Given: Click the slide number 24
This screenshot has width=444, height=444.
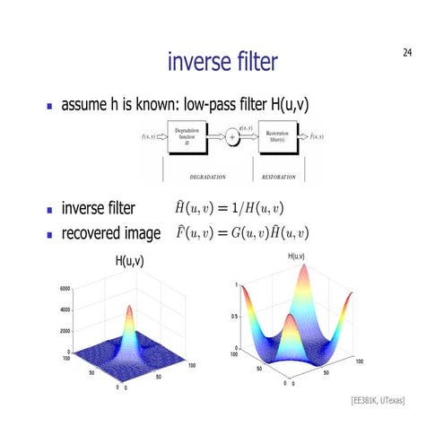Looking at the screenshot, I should tap(407, 55).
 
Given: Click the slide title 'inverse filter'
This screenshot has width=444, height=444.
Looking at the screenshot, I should tap(222, 62).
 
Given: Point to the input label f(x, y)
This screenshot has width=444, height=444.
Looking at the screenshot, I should tap(149, 137).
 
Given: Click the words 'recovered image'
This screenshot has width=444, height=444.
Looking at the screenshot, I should tap(110, 234).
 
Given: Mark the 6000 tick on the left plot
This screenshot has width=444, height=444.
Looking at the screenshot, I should tap(65, 289).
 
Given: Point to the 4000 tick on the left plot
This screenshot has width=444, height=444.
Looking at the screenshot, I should tap(65, 310).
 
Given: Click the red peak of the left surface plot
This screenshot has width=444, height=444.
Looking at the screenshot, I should tap(128, 309).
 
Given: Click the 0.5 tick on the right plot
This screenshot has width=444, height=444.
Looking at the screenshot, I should tap(233, 317).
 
